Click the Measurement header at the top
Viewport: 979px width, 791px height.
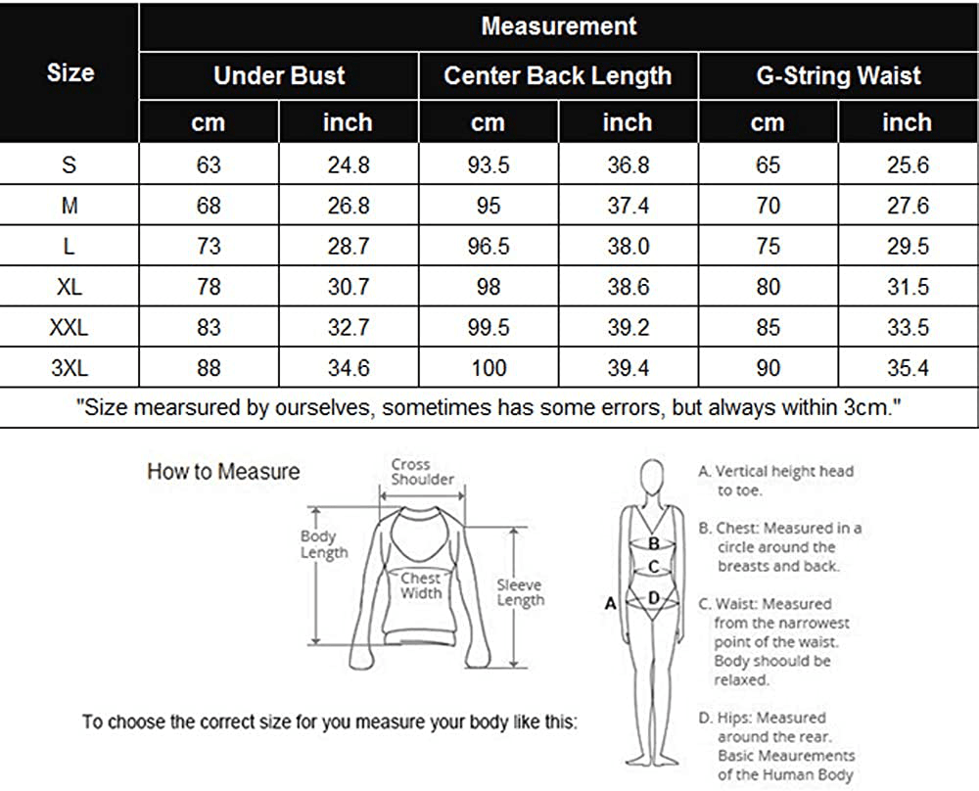pyautogui.click(x=558, y=26)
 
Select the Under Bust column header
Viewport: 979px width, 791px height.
pyautogui.click(x=279, y=76)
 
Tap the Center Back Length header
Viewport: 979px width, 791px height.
pyautogui.click(x=558, y=76)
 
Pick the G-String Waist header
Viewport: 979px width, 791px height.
pyautogui.click(x=838, y=76)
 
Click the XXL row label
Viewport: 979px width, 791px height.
pyautogui.click(x=69, y=328)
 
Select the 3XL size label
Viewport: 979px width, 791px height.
pyautogui.click(x=69, y=369)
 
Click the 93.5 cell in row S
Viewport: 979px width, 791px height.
pyautogui.click(x=489, y=165)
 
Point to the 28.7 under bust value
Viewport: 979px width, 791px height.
pyautogui.click(x=348, y=247)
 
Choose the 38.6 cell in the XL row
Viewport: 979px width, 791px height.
pyautogui.click(x=628, y=288)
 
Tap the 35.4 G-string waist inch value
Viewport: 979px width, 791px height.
pyautogui.click(x=908, y=369)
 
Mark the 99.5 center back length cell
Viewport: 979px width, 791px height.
pyautogui.click(x=489, y=328)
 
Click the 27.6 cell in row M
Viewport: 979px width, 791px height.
pyautogui.click(x=908, y=207)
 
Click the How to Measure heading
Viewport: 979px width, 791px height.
pyautogui.click(x=223, y=472)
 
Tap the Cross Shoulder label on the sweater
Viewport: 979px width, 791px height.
pyautogui.click(x=422, y=472)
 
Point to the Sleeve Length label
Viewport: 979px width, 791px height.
pyautogui.click(x=519, y=592)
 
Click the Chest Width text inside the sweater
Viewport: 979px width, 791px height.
pyautogui.click(x=421, y=585)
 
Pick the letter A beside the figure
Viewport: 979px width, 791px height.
pyautogui.click(x=610, y=604)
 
